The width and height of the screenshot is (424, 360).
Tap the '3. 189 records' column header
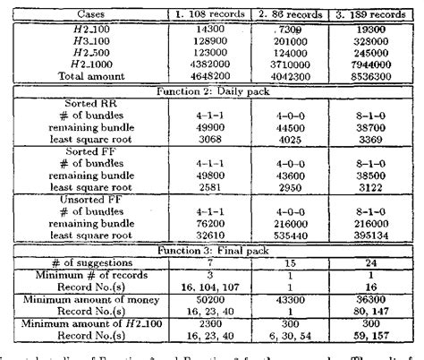point(373,15)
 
